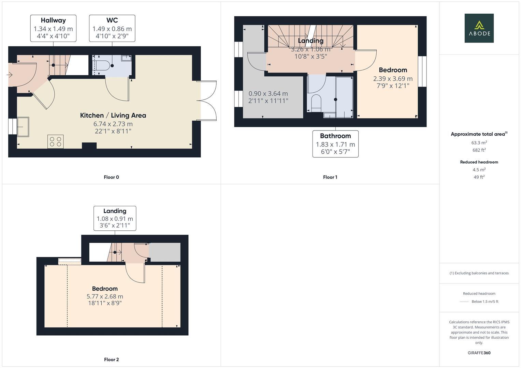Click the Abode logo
pyautogui.click(x=479, y=28)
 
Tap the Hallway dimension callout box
pyautogui.click(x=53, y=28)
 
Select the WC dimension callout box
pyautogui.click(x=112, y=28)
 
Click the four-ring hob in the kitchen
pyautogui.click(x=55, y=142)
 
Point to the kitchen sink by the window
pyautogui.click(x=23, y=127)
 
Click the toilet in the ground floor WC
pyautogui.click(x=102, y=65)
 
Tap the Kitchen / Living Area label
pyautogui.click(x=113, y=116)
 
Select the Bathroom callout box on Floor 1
pyautogui.click(x=335, y=144)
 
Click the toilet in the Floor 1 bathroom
pyautogui.click(x=316, y=103)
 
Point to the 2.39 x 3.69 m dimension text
pyautogui.click(x=393, y=79)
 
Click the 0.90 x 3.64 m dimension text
pyautogui.click(x=268, y=93)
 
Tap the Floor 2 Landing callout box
pyautogui.click(x=115, y=218)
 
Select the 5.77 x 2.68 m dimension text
pyautogui.click(x=105, y=296)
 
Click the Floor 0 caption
pyautogui.click(x=111, y=177)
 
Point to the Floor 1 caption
pyautogui.click(x=330, y=177)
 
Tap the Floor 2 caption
pyautogui.click(x=111, y=359)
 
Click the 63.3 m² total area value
pyautogui.click(x=479, y=143)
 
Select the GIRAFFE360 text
pyautogui.click(x=479, y=353)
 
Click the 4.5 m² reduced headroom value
pyautogui.click(x=479, y=170)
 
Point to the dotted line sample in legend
pyautogui.click(x=464, y=302)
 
